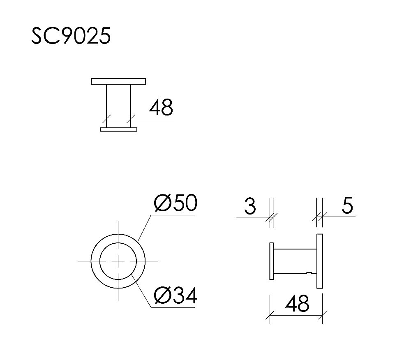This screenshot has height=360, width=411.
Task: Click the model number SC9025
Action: tap(71, 37)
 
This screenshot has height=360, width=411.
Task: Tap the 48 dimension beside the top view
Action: tap(161, 108)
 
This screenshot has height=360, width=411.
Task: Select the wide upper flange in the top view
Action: tap(118, 81)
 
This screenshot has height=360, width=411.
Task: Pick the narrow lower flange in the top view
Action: tap(118, 129)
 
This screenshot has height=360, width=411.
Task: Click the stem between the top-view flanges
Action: tap(118, 105)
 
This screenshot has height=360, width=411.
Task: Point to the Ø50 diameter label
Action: tap(175, 203)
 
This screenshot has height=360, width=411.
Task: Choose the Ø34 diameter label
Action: tap(175, 296)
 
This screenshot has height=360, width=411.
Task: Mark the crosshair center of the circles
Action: tap(118, 261)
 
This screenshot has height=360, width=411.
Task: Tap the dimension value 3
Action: tap(250, 206)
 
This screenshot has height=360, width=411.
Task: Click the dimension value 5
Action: tap(347, 206)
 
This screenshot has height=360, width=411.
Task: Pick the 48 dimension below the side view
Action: tap(296, 305)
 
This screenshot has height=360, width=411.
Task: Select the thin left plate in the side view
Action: tap(271, 261)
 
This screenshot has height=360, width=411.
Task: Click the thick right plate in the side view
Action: tap(320, 261)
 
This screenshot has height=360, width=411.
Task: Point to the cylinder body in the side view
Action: tap(295, 261)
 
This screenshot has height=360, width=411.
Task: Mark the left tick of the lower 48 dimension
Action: tap(270, 316)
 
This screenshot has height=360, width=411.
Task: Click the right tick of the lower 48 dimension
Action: tap(322, 316)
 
